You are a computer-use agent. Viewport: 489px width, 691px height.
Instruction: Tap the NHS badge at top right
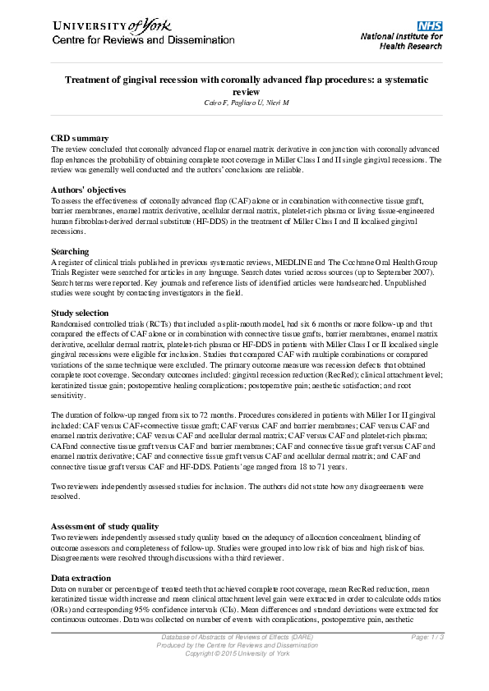pyautogui.click(x=430, y=25)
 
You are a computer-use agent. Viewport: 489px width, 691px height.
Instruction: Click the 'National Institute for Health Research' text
pyautogui.click(x=401, y=41)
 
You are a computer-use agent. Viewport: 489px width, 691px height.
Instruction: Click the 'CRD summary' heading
pyautogui.click(x=80, y=138)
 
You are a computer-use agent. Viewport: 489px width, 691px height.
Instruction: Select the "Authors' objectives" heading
pyautogui.click(x=90, y=189)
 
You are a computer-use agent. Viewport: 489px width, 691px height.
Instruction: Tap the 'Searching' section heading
pyautogui.click(x=70, y=251)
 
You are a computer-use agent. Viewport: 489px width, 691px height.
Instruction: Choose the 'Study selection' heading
pyautogui.click(x=79, y=313)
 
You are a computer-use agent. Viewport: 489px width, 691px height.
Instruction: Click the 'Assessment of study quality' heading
pyautogui.click(x=105, y=526)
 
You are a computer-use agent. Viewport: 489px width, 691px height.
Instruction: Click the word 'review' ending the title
pyautogui.click(x=244, y=92)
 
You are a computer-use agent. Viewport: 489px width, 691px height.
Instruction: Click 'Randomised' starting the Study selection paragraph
pyautogui.click(x=71, y=325)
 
